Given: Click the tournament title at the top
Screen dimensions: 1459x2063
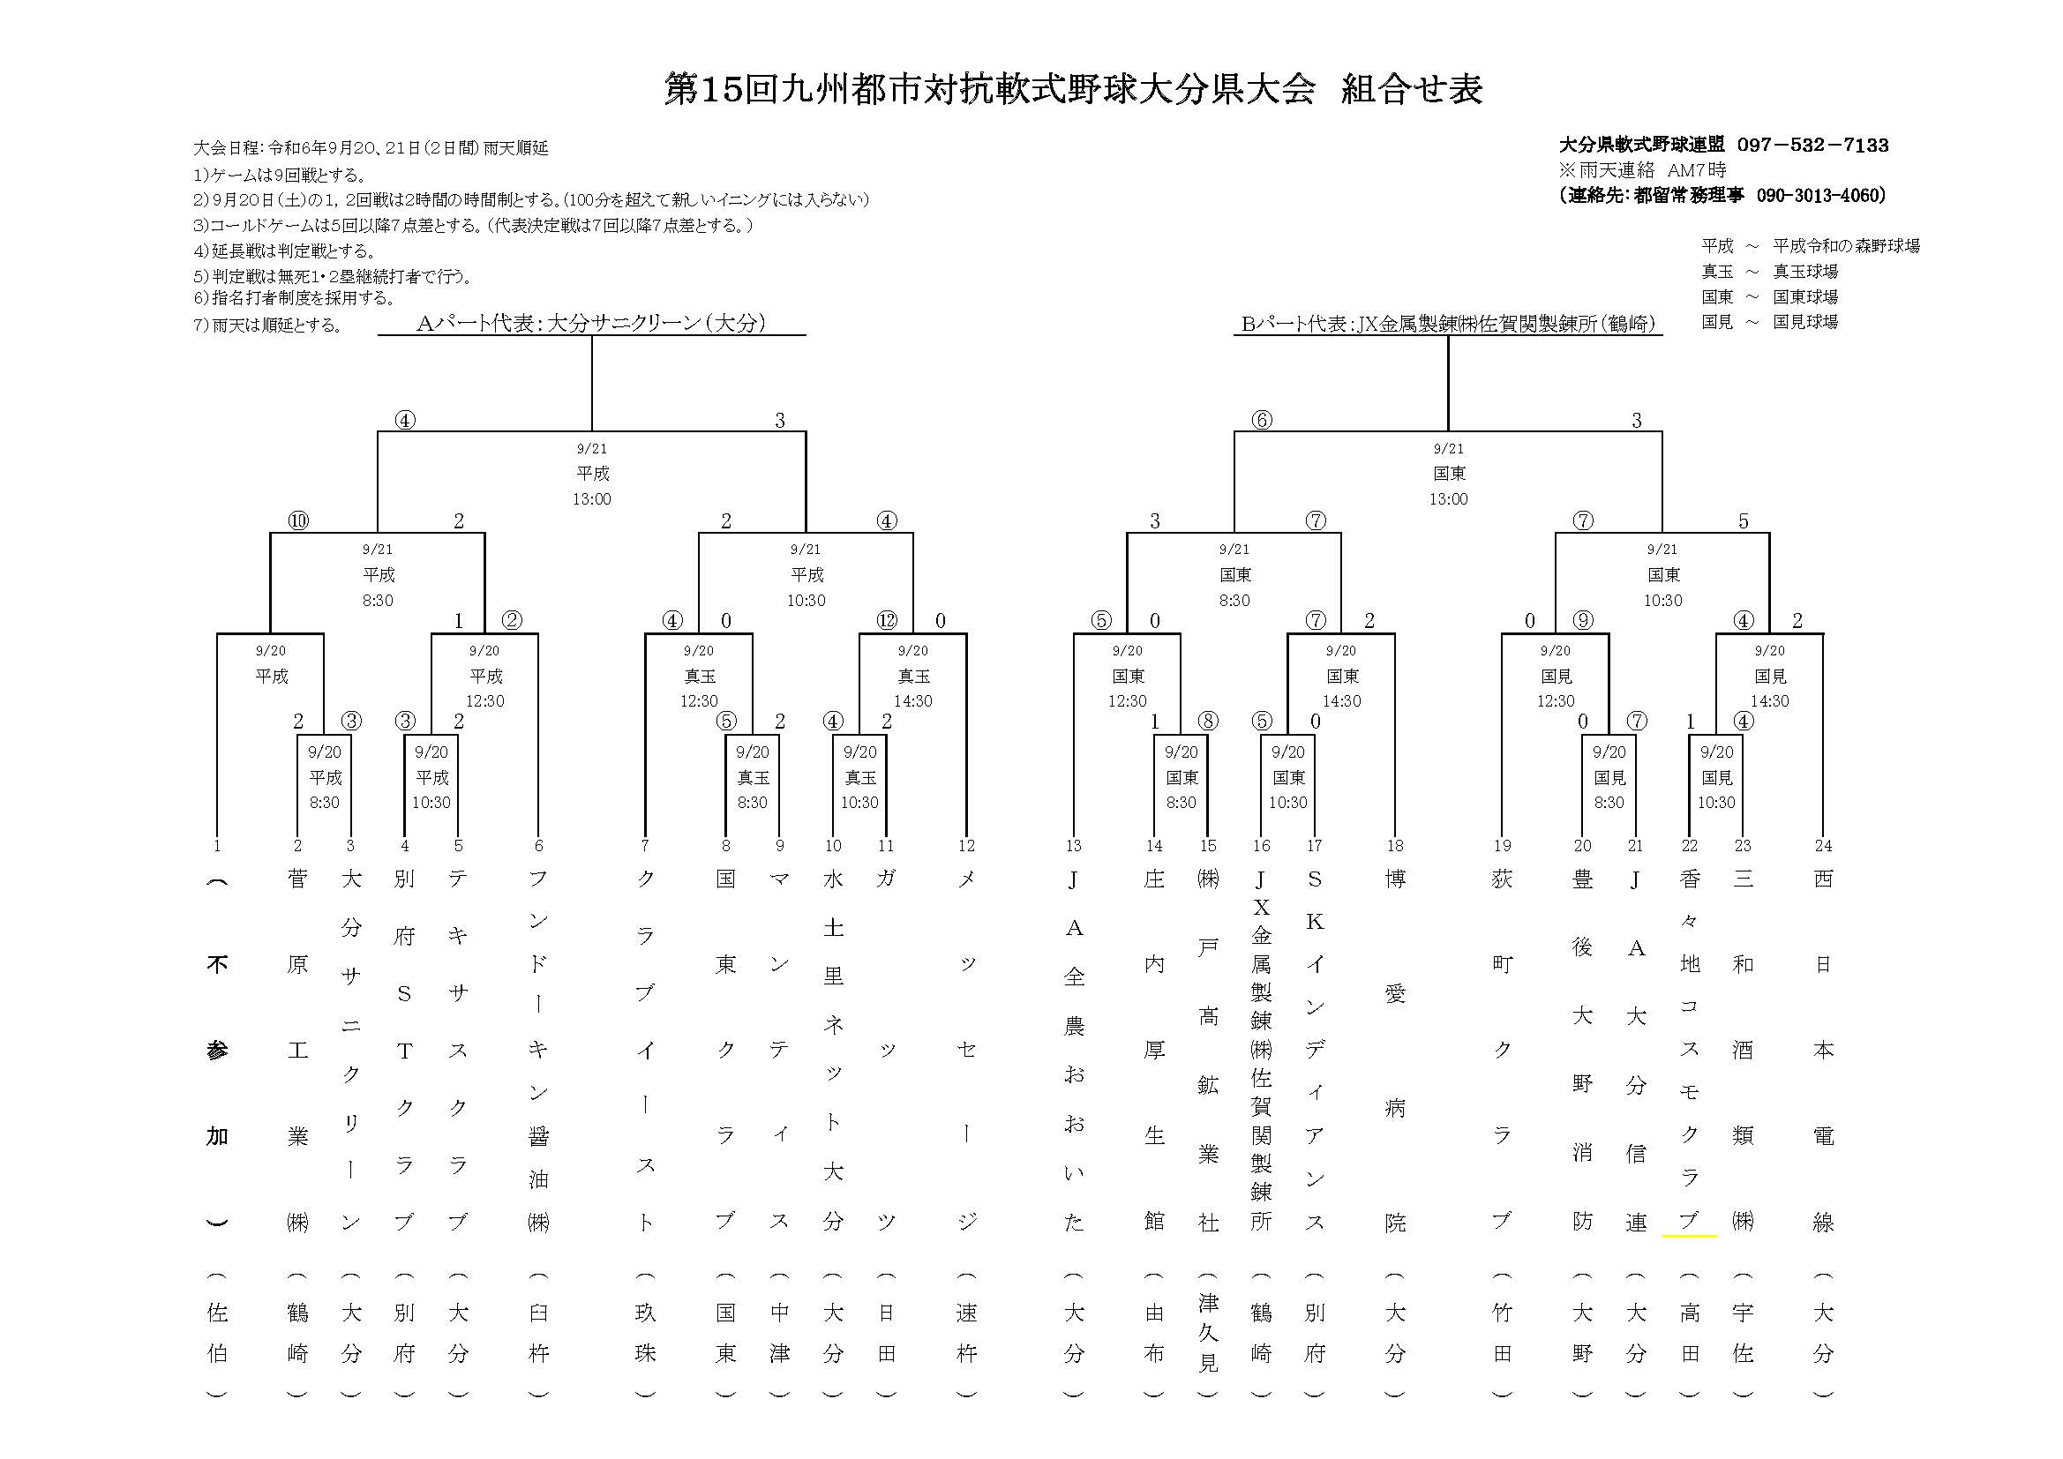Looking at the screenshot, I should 1073,90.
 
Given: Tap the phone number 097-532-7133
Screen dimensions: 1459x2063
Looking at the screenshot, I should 1812,145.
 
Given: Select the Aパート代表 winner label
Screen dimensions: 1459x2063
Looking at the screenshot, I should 591,324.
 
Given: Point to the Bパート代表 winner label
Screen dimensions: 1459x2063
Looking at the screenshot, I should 1447,325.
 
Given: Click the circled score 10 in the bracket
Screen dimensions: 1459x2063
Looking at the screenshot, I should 298,521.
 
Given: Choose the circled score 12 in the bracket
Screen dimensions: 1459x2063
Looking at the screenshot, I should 887,621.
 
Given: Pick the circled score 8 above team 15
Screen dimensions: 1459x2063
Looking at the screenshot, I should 1209,722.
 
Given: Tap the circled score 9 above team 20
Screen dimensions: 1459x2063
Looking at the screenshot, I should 1582,621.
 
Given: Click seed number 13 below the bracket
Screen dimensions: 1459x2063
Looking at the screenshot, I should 1074,845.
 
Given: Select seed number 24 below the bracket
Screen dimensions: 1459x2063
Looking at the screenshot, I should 1823,845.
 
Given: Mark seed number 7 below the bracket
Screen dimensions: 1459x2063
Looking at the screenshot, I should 645,845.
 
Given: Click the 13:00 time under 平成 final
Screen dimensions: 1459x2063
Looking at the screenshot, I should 591,499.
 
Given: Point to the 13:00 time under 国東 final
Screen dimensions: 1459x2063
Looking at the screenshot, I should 1448,499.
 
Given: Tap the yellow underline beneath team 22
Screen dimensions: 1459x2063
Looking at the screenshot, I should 1689,1236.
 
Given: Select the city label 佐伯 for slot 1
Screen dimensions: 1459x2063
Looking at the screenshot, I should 217,1333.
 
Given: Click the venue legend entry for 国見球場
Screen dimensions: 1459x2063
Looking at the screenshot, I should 1769,322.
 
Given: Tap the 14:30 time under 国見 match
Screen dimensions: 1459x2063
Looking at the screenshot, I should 1769,701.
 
